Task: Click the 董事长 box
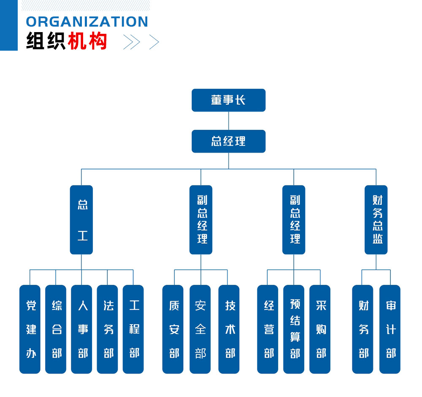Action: [x=228, y=100]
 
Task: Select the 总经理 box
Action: [x=228, y=141]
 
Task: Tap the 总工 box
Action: [x=81, y=220]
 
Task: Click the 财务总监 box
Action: [x=376, y=220]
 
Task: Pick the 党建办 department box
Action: [x=30, y=329]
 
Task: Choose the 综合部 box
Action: [x=56, y=329]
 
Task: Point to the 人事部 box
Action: [x=81, y=329]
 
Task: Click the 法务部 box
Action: [x=107, y=329]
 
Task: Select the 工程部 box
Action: [x=133, y=329]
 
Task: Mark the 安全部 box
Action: [x=200, y=329]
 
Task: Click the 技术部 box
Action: [x=229, y=329]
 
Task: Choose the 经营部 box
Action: [x=268, y=329]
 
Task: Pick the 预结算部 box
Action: [x=294, y=329]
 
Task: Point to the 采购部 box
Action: [x=320, y=329]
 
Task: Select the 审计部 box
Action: [x=390, y=329]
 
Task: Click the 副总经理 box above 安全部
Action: [x=201, y=220]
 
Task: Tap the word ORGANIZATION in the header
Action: [x=87, y=22]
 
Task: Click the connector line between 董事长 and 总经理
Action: [x=229, y=121]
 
